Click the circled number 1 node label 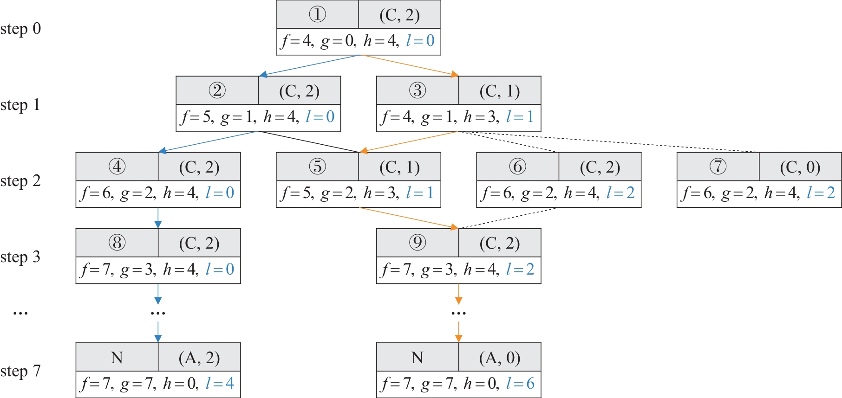point(317,14)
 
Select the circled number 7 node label point(718,167)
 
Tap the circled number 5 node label point(317,167)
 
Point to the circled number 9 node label point(418,243)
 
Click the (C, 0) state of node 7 point(800,167)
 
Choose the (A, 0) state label point(499,358)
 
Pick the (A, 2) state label point(199,358)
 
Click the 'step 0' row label point(20,29)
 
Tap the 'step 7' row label point(20,371)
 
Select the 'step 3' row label point(20,257)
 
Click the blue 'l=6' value point(520,383)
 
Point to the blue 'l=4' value point(220,383)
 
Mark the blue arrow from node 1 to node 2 point(310,65)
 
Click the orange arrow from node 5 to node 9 point(409,218)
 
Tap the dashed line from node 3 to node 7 point(608,142)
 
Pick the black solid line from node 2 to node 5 point(309,142)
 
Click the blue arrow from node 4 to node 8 point(158,218)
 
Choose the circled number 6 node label point(517,167)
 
